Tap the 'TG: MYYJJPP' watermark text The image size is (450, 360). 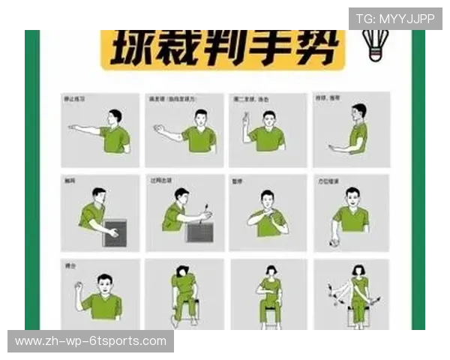point(394,19)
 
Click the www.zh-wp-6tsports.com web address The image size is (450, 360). point(91,341)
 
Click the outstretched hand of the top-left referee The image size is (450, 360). point(73,127)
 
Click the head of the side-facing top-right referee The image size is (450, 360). point(359,112)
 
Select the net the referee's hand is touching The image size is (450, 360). point(115,233)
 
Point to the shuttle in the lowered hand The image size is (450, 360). point(334,241)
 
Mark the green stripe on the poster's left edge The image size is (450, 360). point(31,180)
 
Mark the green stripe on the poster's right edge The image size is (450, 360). point(418,180)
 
